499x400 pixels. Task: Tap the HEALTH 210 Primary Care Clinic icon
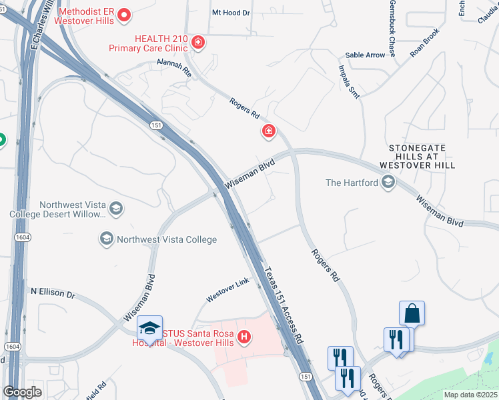[x=197, y=43]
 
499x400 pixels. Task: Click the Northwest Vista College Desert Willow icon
[x=116, y=209]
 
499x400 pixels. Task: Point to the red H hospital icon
[x=244, y=338]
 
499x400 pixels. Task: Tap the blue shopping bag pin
[x=412, y=313]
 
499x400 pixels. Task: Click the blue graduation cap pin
[x=149, y=328]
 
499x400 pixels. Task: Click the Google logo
[x=22, y=392]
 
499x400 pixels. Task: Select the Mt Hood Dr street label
[x=230, y=13]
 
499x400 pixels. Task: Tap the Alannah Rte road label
[x=175, y=67]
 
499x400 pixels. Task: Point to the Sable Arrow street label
[x=365, y=55]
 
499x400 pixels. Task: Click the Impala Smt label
[x=349, y=82]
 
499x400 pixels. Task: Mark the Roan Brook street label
[x=425, y=43]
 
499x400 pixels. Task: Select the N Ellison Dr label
[x=53, y=292]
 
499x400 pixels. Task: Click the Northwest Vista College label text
[x=167, y=239]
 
